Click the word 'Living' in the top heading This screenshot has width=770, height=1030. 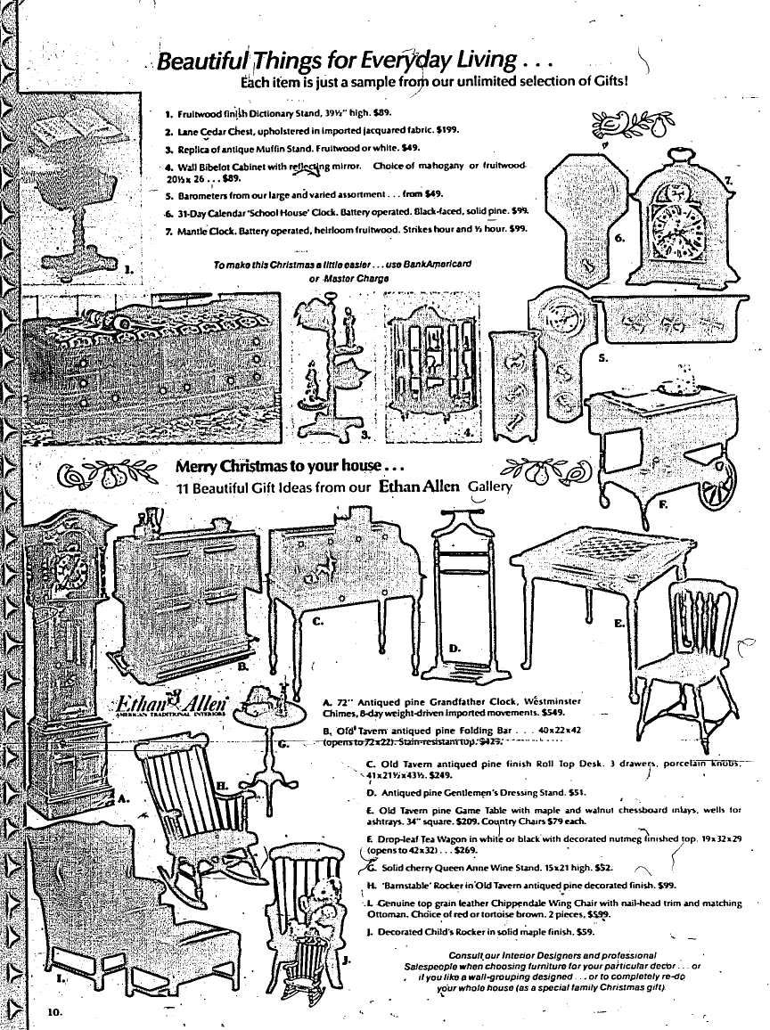tap(482, 61)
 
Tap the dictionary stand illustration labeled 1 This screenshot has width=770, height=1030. tap(71, 196)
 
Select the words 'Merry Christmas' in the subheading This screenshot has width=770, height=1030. tap(247, 467)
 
